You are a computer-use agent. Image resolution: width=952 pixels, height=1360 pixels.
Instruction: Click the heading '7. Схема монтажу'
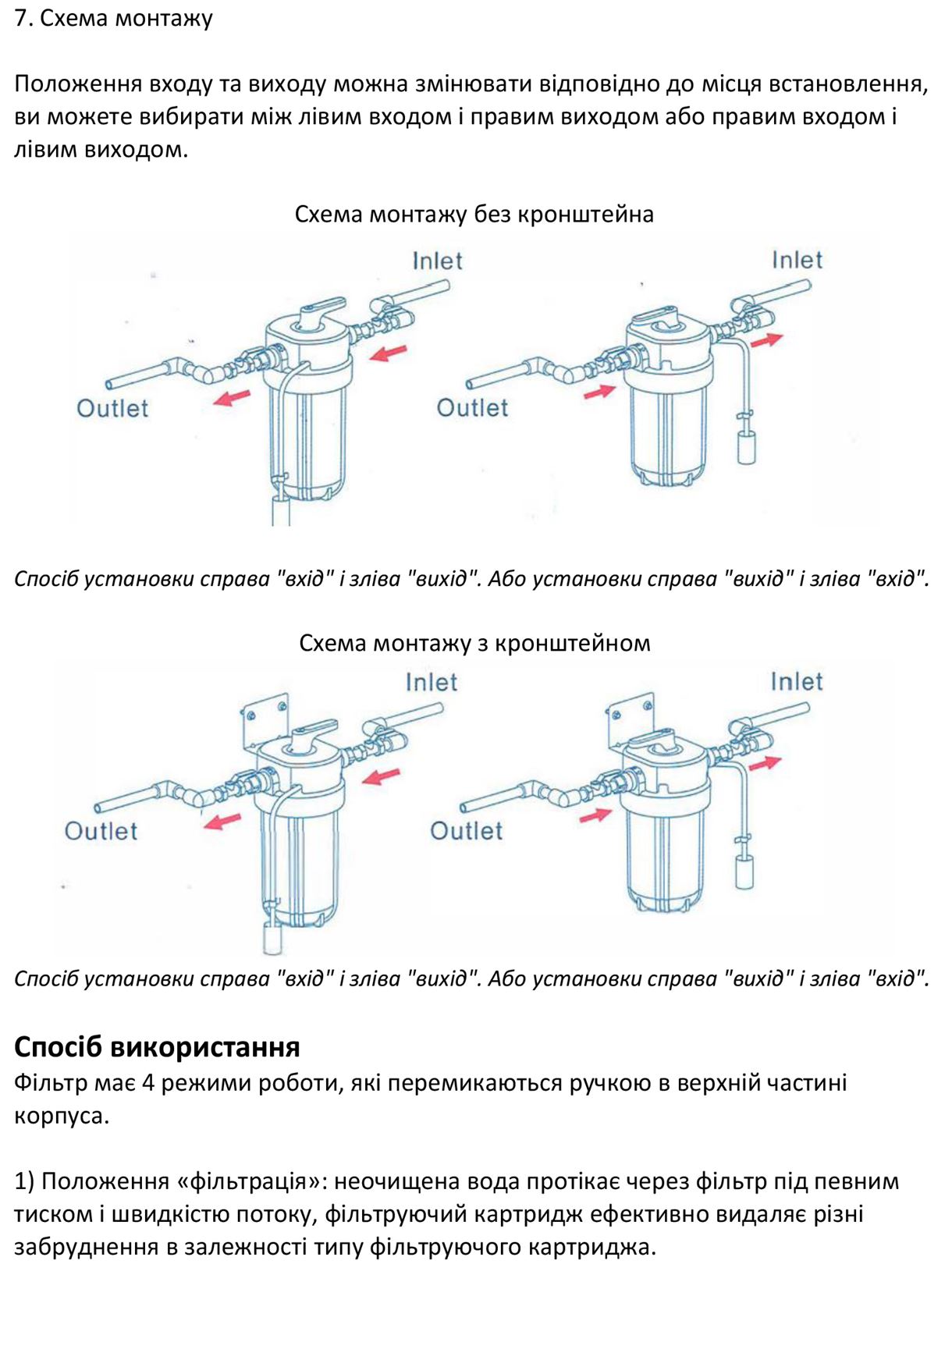click(x=113, y=18)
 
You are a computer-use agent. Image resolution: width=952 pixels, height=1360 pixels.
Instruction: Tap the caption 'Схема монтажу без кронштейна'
click(x=474, y=214)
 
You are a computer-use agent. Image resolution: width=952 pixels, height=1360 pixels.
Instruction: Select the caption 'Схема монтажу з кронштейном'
click(x=474, y=643)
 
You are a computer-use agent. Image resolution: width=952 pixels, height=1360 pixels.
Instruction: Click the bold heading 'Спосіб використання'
click(x=157, y=1046)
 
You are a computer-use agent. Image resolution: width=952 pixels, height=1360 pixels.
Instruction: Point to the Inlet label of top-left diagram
click(x=437, y=261)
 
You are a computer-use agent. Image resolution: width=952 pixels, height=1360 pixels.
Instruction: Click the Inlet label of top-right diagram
click(x=797, y=260)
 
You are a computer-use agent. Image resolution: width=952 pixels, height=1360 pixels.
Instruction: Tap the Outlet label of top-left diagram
click(x=112, y=408)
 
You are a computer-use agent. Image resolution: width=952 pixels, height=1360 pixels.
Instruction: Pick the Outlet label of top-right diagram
click(x=472, y=407)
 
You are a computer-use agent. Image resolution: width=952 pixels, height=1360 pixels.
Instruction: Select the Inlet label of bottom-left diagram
click(x=431, y=682)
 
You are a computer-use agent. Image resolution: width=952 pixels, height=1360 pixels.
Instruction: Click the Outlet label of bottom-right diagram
click(x=466, y=830)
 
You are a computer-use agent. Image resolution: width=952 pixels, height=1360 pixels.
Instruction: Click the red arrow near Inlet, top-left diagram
click(x=388, y=353)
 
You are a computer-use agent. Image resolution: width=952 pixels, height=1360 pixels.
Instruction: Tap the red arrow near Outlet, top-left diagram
click(x=232, y=398)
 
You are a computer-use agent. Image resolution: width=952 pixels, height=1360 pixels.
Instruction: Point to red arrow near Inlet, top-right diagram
click(x=766, y=339)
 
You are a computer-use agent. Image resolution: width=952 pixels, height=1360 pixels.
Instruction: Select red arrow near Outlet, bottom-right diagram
click(x=595, y=815)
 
